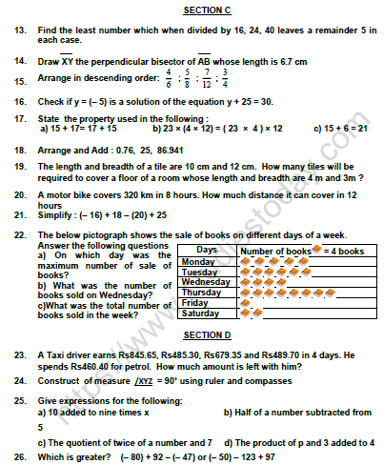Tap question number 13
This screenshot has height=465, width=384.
19,30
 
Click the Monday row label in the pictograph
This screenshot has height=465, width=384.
198,261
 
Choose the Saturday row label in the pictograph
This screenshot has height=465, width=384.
200,313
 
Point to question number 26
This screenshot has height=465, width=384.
19,457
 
